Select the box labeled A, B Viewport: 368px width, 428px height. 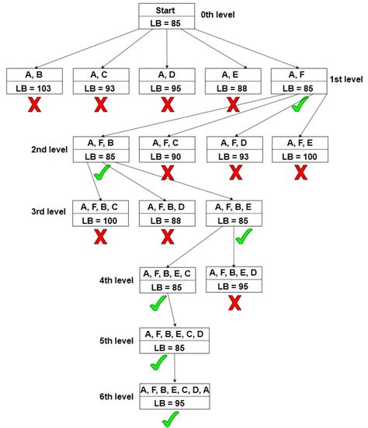[35, 82]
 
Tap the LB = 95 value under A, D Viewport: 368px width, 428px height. [167, 89]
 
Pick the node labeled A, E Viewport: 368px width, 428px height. [233, 82]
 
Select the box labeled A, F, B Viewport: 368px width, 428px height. [101, 149]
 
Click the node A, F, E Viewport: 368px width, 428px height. [300, 149]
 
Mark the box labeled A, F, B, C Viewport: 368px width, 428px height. [101, 214]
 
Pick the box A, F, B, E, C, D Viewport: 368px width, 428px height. [174, 339]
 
